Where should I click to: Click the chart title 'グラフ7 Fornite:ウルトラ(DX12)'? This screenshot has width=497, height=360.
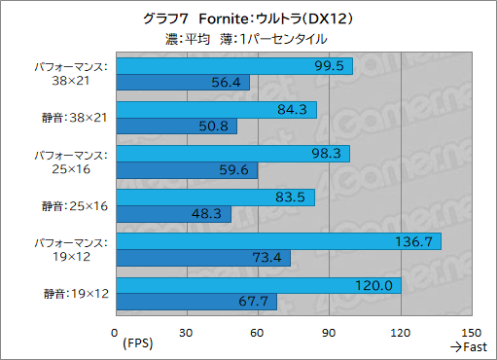(248, 18)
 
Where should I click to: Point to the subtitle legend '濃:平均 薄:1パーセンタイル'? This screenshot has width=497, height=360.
(248, 39)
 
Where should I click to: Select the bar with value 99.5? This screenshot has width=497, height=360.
(233, 65)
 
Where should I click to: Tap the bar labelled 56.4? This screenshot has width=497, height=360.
(183, 82)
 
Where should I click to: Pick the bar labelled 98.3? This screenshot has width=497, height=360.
(232, 154)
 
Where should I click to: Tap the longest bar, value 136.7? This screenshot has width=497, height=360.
(278, 241)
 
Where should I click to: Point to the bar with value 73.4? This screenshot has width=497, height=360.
(203, 258)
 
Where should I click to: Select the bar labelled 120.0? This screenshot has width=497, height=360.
(259, 285)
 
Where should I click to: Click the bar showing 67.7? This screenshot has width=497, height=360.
(196, 302)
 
